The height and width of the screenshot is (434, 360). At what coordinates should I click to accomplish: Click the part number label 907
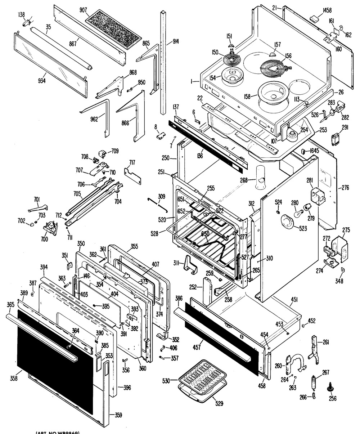tap(84, 10)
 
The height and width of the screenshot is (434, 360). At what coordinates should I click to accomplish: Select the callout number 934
tap(42, 80)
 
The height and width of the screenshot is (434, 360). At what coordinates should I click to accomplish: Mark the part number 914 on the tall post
tap(176, 41)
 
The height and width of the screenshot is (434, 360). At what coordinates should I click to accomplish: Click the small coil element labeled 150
tap(231, 59)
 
